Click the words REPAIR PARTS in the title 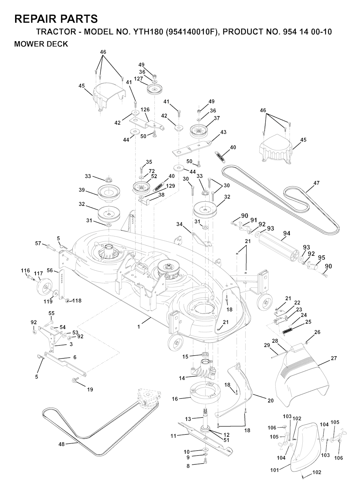pyautogui.click(x=56, y=19)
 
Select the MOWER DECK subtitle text pyautogui.click(x=41, y=44)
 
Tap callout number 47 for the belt pyautogui.click(x=316, y=183)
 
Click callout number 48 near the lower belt pyautogui.click(x=62, y=444)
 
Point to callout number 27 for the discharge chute pyautogui.click(x=334, y=358)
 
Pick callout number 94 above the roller pyautogui.click(x=287, y=233)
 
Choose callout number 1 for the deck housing pyautogui.click(x=139, y=327)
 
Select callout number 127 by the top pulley pyautogui.click(x=139, y=79)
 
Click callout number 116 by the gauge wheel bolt pyautogui.click(x=25, y=270)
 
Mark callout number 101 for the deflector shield pyautogui.click(x=274, y=470)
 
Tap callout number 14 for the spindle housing pyautogui.click(x=182, y=378)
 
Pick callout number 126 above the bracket pyautogui.click(x=145, y=109)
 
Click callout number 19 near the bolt pyautogui.click(x=90, y=390)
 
